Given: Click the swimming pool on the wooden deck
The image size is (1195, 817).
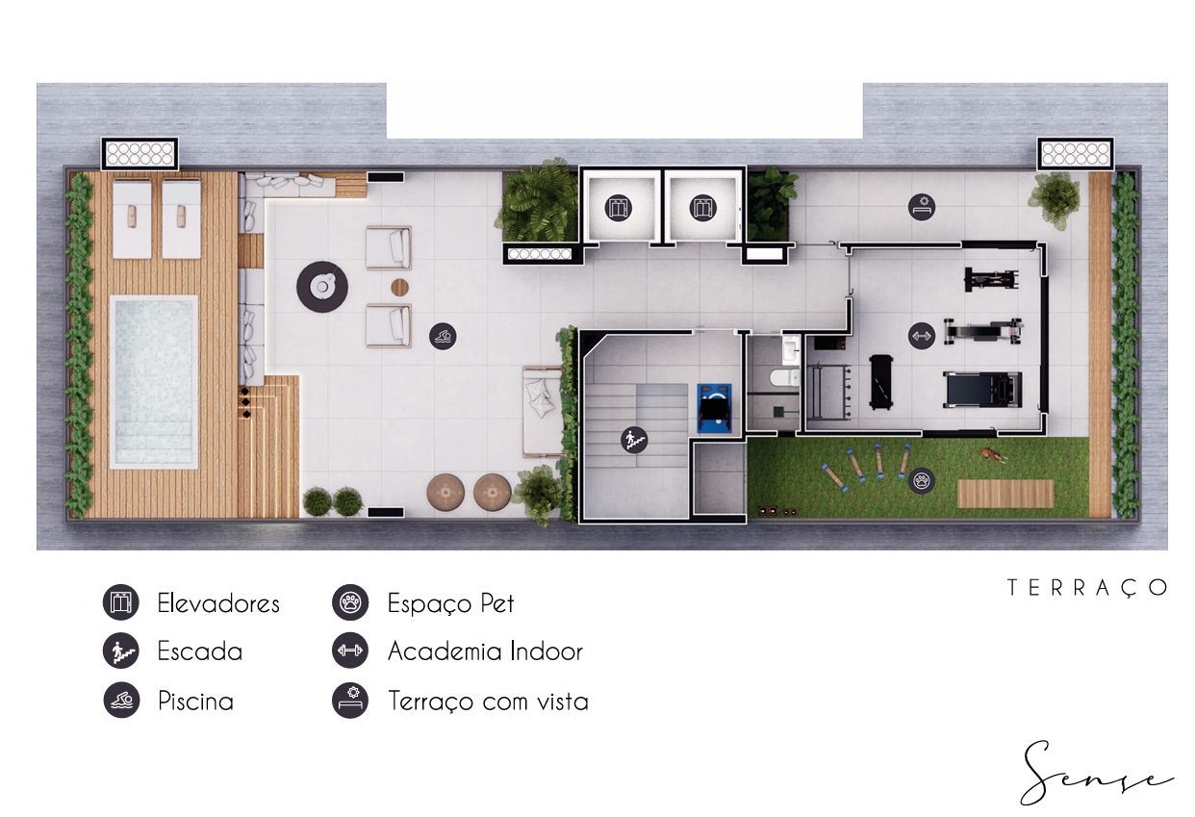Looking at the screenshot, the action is pos(154,382).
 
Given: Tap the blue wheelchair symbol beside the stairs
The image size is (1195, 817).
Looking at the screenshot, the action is pos(714,408).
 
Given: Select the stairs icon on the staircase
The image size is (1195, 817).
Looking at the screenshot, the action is pos(634,440).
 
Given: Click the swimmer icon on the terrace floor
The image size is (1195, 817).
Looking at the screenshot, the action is pos(443,336).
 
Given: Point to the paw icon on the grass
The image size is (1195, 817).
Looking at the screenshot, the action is pos(922,480).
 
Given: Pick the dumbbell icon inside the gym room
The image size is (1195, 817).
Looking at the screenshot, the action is pos(922,336).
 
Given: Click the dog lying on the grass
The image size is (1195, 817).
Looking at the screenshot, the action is pos(991,454).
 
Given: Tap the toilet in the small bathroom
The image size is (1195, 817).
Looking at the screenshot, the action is pos(784,378).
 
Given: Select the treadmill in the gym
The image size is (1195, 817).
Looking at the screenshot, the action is pos(982,390).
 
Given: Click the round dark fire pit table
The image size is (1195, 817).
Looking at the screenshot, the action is pos(322,287).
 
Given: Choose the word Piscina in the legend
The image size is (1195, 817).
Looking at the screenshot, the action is pos(195,702).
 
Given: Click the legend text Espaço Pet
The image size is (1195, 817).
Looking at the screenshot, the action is pos(451,603).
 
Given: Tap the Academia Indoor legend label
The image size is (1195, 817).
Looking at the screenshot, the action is pos(486,651).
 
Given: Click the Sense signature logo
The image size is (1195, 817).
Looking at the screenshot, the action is pos(1095,773).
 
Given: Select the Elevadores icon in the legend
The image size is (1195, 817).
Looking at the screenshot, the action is pos(121,602).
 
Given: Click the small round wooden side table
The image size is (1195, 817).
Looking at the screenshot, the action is pos(400,287).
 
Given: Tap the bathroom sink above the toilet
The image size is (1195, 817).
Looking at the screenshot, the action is pos(790,349).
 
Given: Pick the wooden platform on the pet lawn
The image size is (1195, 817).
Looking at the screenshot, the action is pos(1005,494).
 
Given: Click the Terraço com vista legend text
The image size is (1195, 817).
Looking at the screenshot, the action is pos(488,702).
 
